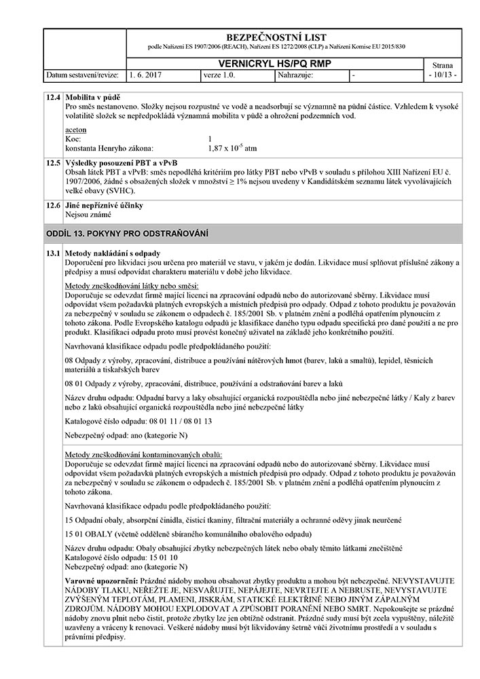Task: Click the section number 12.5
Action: click(x=53, y=164)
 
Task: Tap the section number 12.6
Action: click(x=53, y=204)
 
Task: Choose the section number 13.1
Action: click(x=53, y=253)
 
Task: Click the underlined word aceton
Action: click(x=75, y=129)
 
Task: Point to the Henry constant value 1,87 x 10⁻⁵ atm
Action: click(x=232, y=147)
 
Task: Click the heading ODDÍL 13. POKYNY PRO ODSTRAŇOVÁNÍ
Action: click(x=126, y=234)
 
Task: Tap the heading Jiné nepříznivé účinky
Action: click(x=104, y=204)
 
